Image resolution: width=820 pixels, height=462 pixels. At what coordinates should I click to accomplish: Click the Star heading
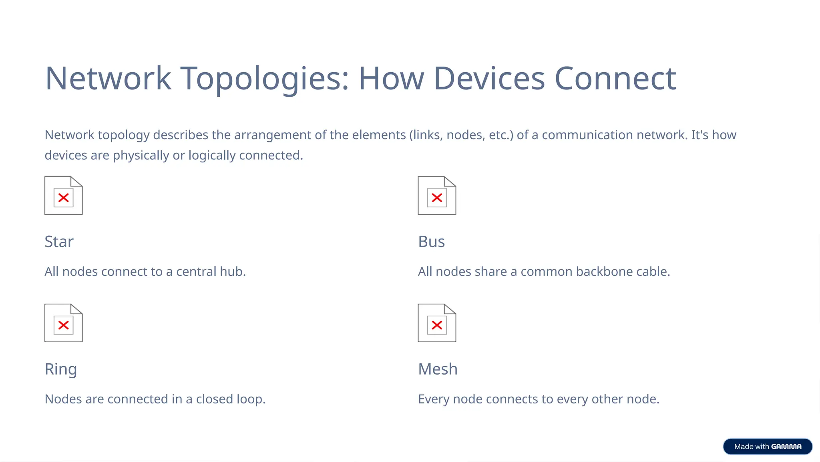[x=59, y=242]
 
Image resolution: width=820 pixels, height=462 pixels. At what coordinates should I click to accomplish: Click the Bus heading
[x=431, y=242]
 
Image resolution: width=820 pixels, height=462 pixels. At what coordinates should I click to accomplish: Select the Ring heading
[x=60, y=369]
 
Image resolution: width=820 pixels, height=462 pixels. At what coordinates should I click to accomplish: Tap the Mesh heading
[x=438, y=369]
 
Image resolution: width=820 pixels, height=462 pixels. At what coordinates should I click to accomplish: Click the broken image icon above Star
[x=63, y=196]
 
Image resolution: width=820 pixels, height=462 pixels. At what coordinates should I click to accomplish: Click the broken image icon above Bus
[x=437, y=196]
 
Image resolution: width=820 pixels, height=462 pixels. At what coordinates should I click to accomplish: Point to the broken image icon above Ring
[x=63, y=323]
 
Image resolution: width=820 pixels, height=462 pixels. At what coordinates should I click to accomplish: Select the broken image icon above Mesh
[x=437, y=323]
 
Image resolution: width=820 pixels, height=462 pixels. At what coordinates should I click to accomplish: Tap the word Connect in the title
[x=615, y=79]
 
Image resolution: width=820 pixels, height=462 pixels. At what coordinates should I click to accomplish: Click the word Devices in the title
[x=489, y=79]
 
